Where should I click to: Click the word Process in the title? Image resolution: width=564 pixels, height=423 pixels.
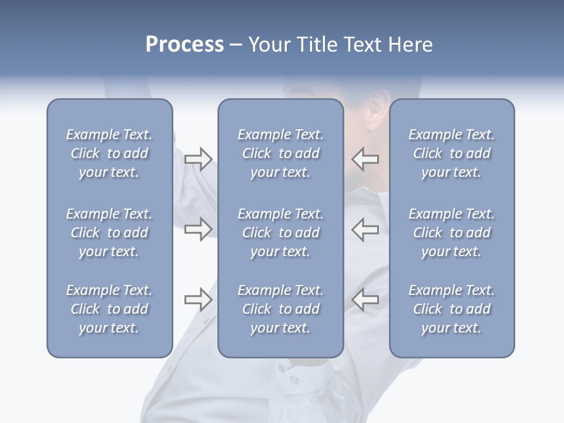[184, 45]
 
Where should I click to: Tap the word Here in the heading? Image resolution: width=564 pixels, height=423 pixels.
[410, 45]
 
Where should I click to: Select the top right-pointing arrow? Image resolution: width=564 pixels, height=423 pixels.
[198, 159]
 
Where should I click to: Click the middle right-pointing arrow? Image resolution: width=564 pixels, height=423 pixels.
[198, 229]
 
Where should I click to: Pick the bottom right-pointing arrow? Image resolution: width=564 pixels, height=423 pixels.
[198, 300]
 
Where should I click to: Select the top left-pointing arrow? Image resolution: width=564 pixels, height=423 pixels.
[365, 159]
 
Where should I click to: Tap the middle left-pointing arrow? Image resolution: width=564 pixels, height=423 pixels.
[365, 229]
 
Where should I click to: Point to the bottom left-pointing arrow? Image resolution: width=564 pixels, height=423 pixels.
[365, 300]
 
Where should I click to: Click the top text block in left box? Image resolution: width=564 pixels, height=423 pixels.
[109, 153]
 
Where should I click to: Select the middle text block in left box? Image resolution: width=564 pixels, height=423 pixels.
[109, 233]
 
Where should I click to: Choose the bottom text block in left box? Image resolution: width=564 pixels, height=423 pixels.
[109, 309]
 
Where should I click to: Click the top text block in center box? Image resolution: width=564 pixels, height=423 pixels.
[280, 153]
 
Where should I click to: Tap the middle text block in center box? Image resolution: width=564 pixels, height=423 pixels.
[280, 233]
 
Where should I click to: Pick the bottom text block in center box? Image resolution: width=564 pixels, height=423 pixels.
[280, 309]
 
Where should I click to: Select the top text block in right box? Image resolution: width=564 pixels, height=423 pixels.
[451, 153]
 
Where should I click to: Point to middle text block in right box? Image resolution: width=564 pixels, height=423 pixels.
[451, 233]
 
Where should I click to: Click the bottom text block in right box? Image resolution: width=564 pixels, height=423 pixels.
[451, 309]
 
